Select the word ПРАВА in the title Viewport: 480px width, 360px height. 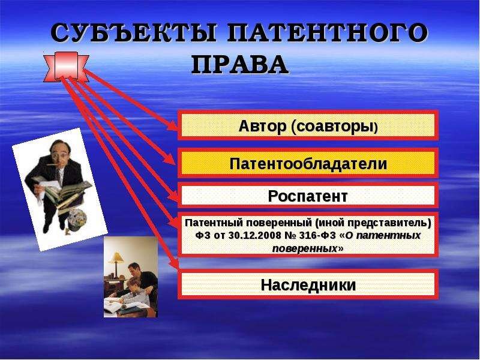239,65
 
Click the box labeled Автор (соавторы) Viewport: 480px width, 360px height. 308,126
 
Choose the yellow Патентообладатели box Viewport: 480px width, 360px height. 308,163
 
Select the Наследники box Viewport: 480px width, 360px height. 308,285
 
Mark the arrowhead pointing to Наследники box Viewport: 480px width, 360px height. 173,265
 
